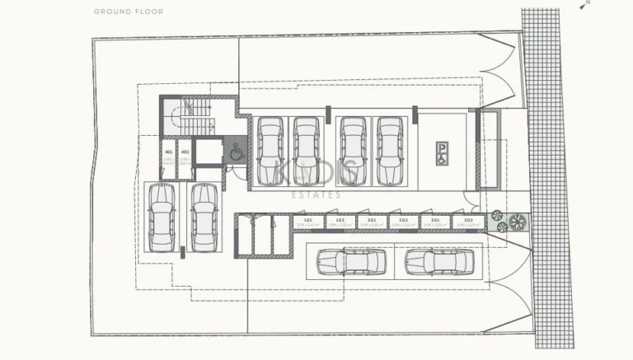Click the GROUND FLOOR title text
pos(129,12)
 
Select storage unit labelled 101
pos(307,222)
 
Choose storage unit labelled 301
pos(371,222)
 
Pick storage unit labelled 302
pos(403,222)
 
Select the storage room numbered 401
pos(169,157)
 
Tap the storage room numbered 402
pos(185,157)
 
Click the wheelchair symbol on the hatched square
pos(235,151)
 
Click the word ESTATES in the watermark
pos(316,195)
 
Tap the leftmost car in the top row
pos(270,151)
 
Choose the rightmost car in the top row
pos(390,151)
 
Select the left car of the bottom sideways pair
pos(352,262)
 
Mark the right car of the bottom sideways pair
pos(439,262)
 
